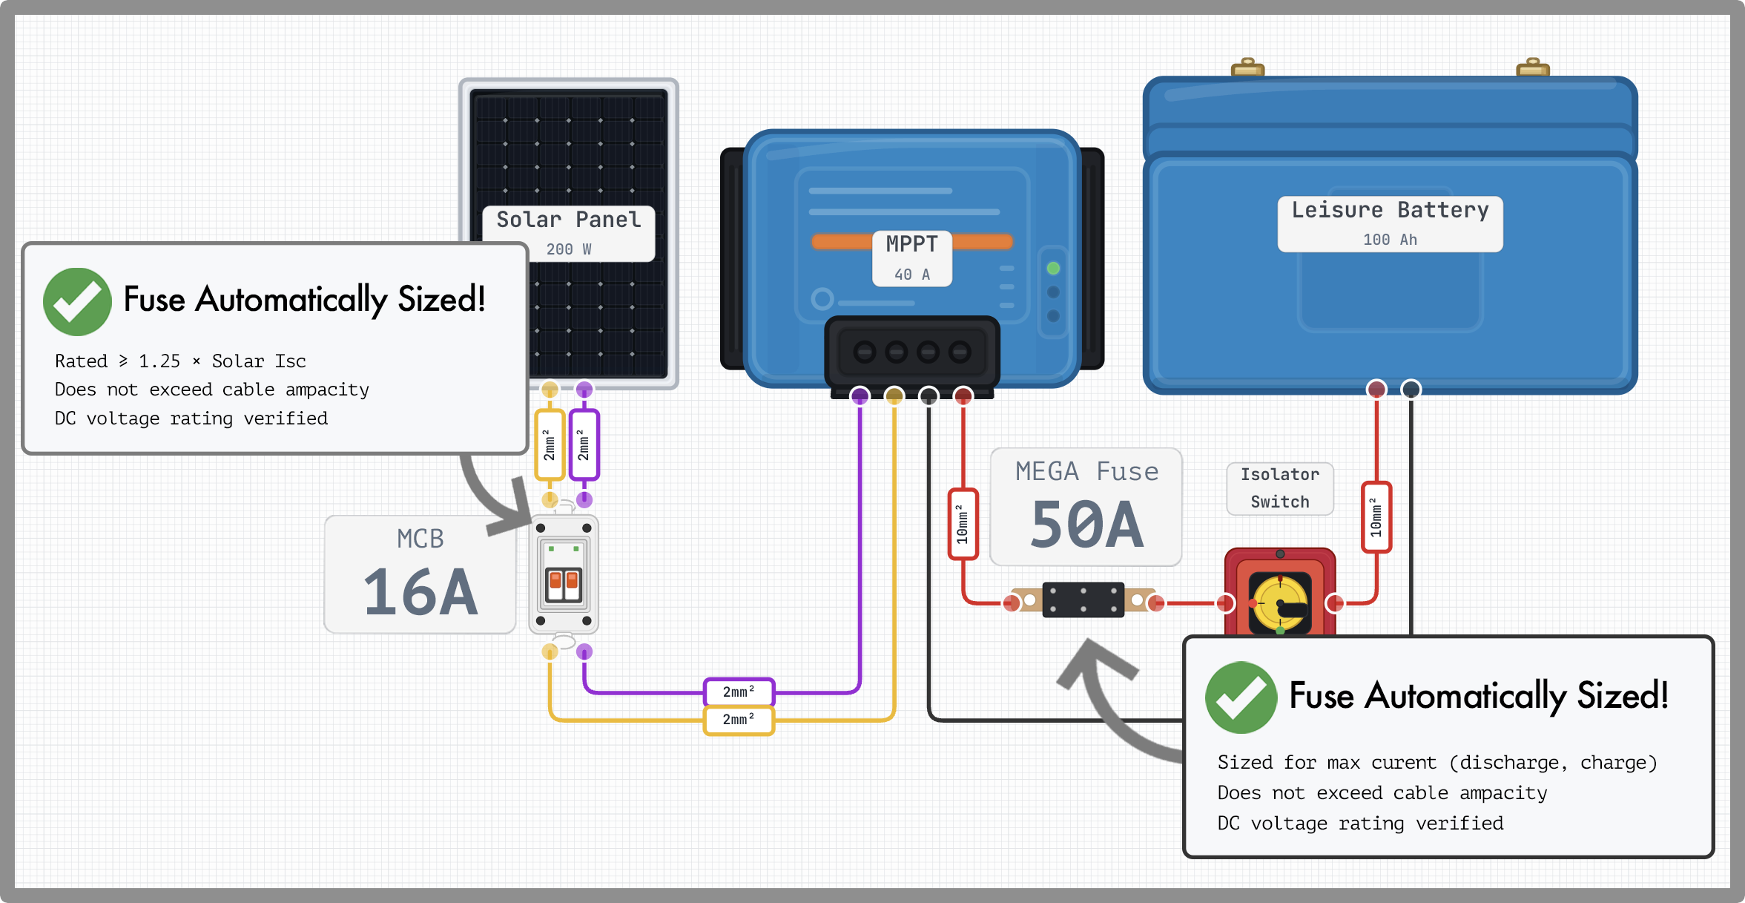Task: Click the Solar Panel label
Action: tap(568, 220)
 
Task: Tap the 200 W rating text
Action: tap(569, 249)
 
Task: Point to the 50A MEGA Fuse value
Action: tap(1086, 525)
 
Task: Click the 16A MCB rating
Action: tap(420, 592)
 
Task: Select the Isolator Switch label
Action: tap(1280, 488)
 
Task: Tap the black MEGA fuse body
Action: tap(1083, 600)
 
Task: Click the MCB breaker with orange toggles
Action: tap(564, 575)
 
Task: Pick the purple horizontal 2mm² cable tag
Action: tap(739, 692)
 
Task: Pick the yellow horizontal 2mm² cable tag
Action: tap(739, 720)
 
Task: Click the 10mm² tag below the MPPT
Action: tap(963, 524)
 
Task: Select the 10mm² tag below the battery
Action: tap(1376, 517)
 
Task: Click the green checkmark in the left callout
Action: tap(77, 302)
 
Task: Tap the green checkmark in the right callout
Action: tap(1241, 697)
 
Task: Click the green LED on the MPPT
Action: tap(1053, 268)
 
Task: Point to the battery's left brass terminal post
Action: tap(1247, 67)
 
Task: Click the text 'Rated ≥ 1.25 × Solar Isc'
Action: tap(180, 361)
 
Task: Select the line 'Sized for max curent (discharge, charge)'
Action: tap(1436, 763)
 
